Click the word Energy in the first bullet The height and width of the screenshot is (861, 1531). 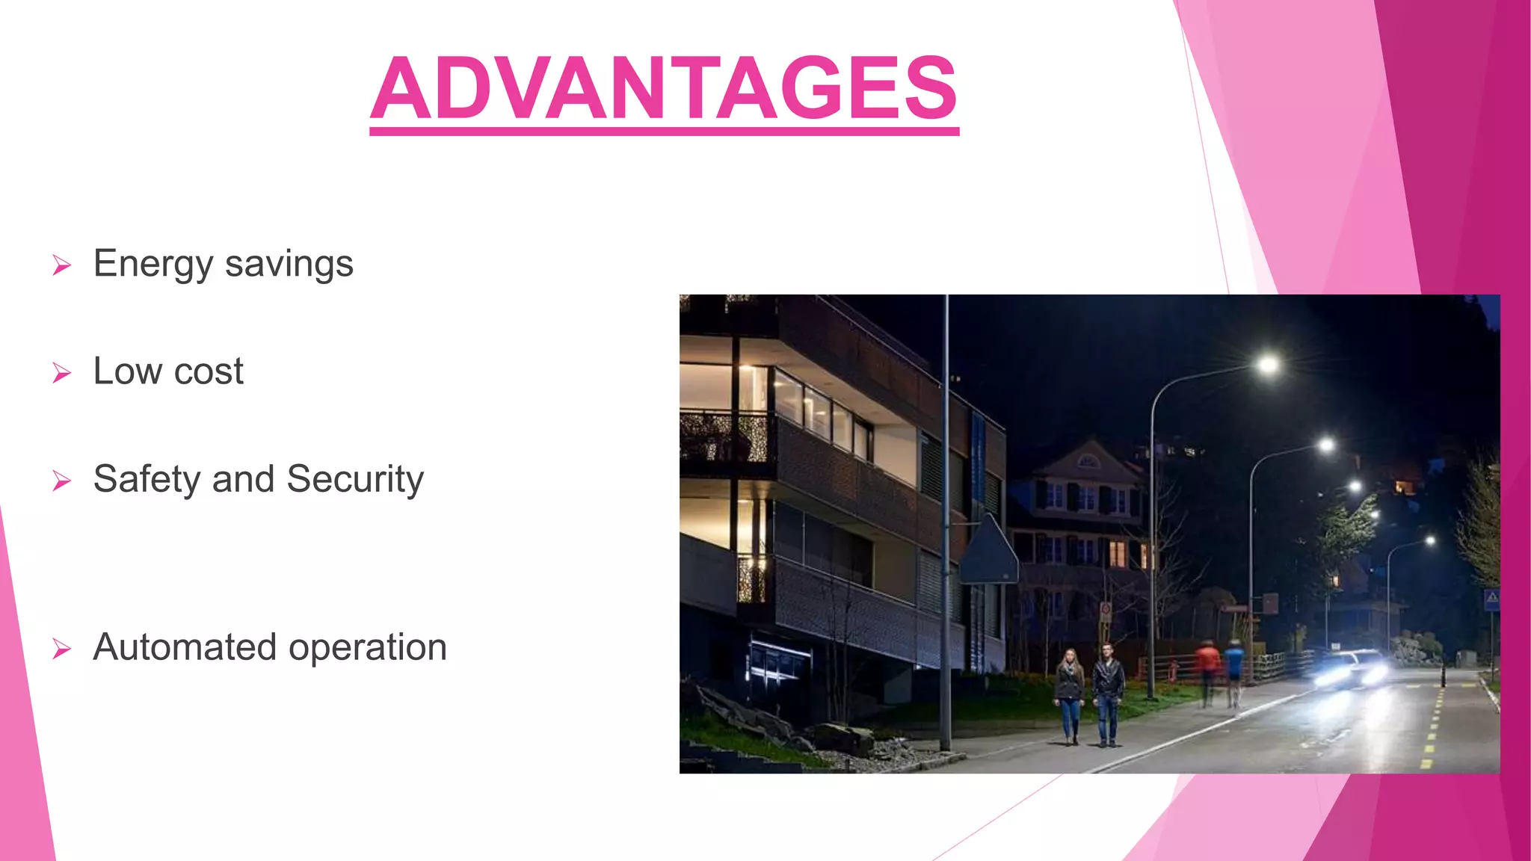[153, 265]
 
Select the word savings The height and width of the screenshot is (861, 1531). [289, 265]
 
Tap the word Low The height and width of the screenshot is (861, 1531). [127, 371]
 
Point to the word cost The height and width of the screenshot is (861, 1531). [209, 372]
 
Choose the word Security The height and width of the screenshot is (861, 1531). [355, 479]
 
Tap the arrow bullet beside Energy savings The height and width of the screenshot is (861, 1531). [62, 265]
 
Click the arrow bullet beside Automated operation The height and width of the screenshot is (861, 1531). [62, 649]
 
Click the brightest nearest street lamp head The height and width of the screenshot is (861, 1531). [1268, 365]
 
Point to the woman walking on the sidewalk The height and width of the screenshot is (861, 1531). [1069, 695]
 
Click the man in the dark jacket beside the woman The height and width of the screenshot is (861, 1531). [1107, 694]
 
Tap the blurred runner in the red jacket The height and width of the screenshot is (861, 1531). [1207, 669]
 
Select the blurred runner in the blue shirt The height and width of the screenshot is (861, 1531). [1234, 669]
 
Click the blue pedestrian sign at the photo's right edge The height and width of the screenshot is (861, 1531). [1491, 599]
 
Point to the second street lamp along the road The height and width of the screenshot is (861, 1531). [1326, 446]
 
